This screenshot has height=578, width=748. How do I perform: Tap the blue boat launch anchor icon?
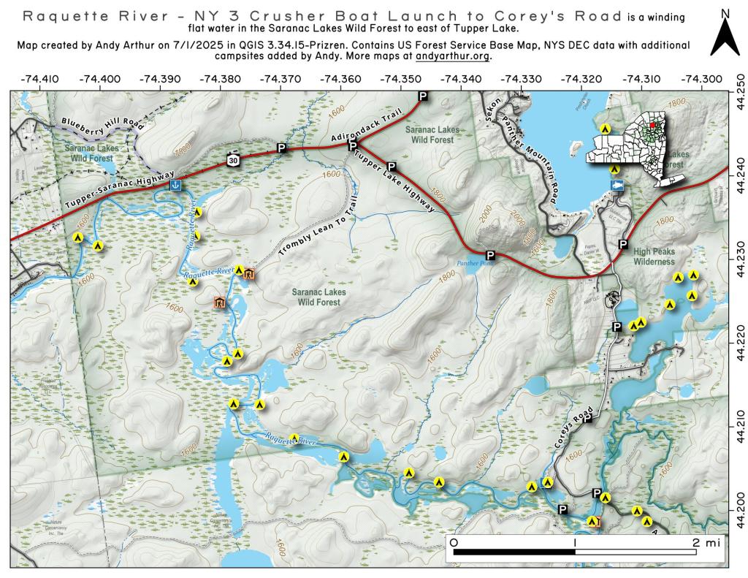click(x=175, y=186)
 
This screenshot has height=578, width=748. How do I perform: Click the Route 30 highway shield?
click(x=231, y=161)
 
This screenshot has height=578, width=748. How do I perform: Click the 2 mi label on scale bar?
click(x=707, y=543)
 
